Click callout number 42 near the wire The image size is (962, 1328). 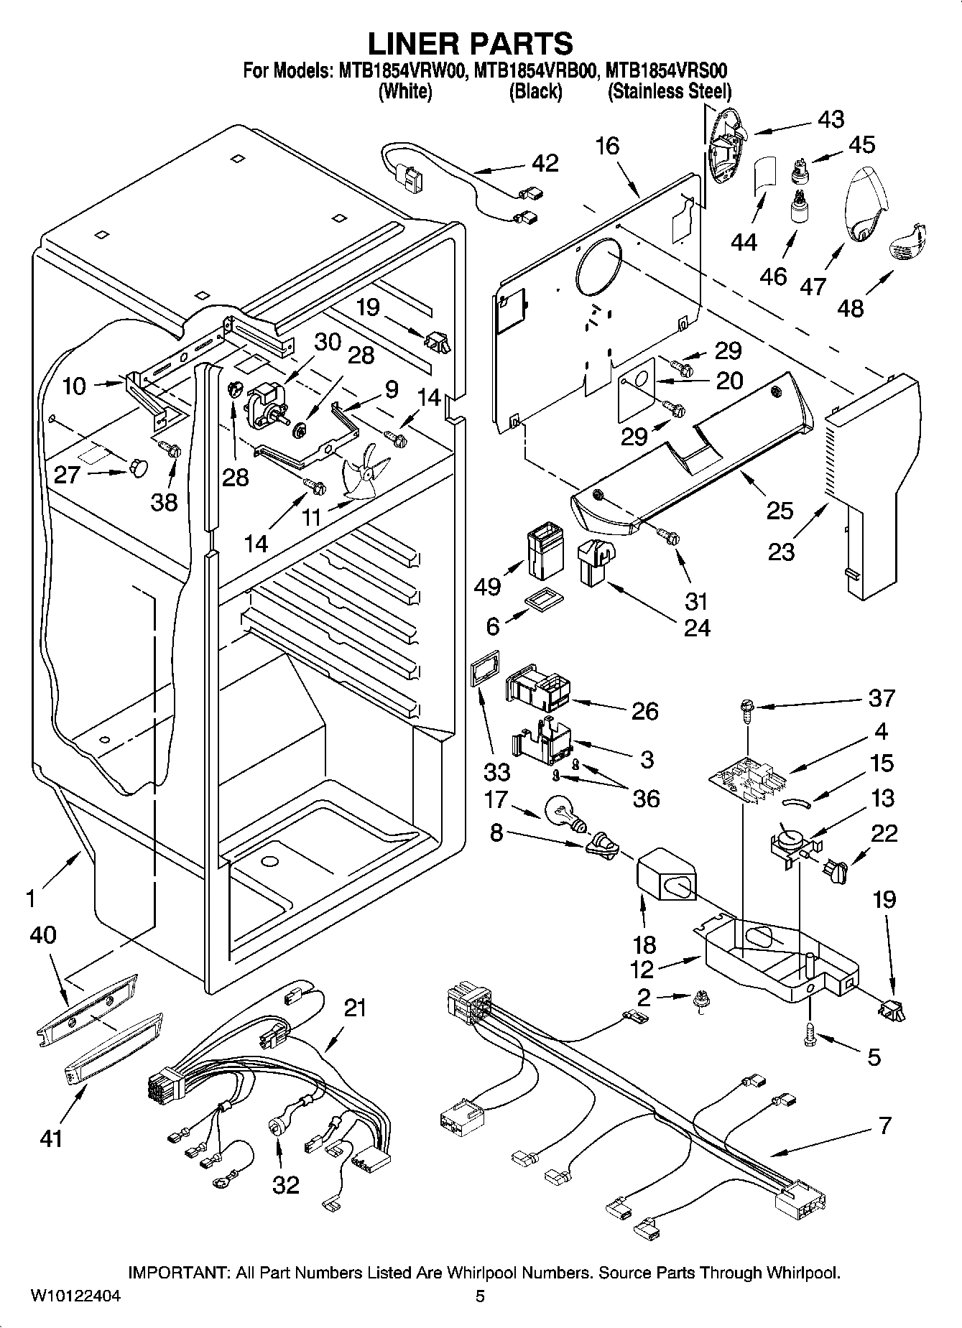pyautogui.click(x=545, y=163)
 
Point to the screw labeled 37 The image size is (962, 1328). pyautogui.click(x=745, y=710)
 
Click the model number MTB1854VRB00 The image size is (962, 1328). pyautogui.click(x=536, y=70)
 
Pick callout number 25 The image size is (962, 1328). pyautogui.click(x=780, y=511)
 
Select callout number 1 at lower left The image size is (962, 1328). pyautogui.click(x=30, y=898)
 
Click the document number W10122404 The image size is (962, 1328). pyautogui.click(x=75, y=1296)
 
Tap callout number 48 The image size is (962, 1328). pyautogui.click(x=851, y=308)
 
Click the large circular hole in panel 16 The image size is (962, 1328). pyautogui.click(x=601, y=268)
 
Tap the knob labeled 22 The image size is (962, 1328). pyautogui.click(x=836, y=870)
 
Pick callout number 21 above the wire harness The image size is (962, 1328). pyautogui.click(x=355, y=1008)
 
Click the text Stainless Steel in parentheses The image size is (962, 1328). pyautogui.click(x=670, y=92)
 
